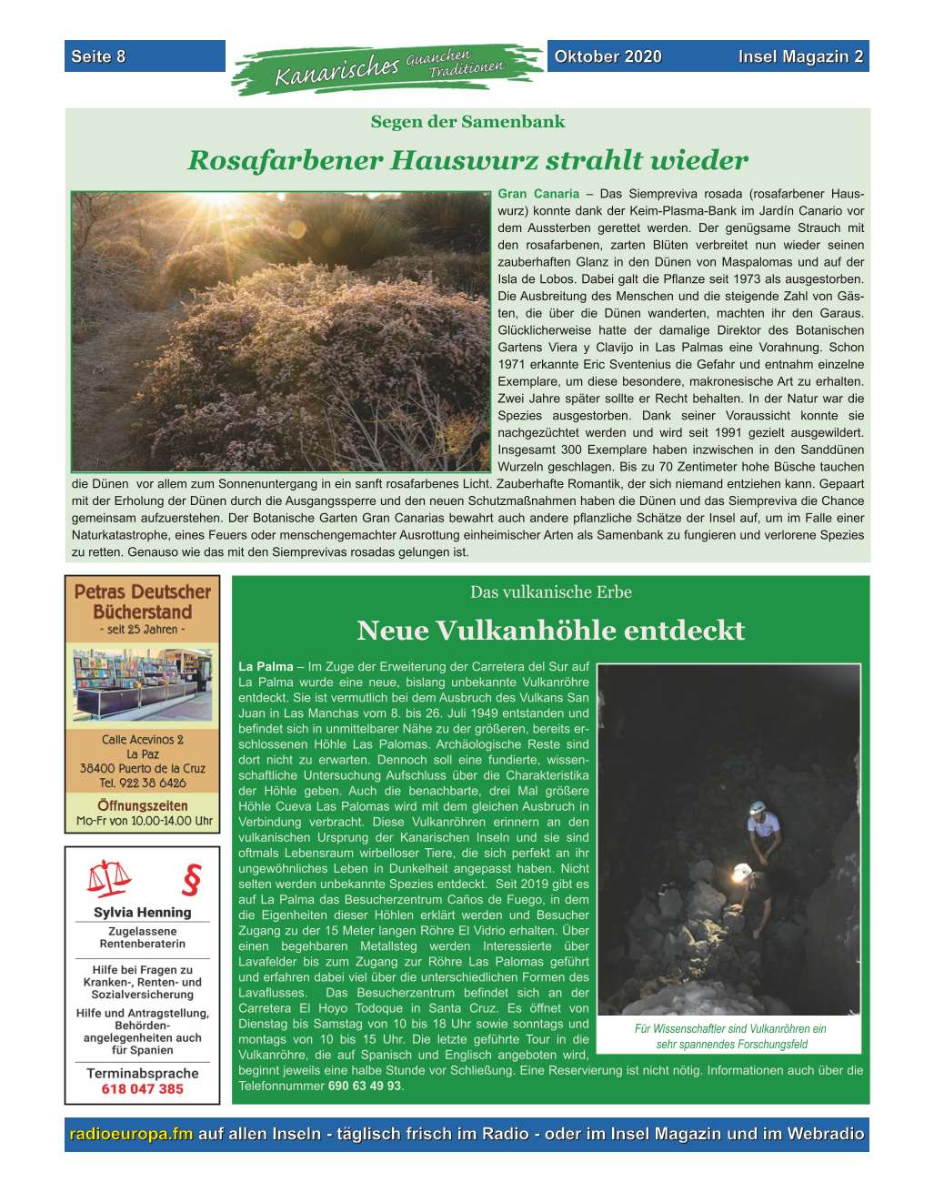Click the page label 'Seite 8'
point(98,56)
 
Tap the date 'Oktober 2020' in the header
point(608,56)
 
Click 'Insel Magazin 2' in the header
point(800,56)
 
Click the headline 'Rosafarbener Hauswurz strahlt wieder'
point(467,161)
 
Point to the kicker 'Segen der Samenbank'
point(467,122)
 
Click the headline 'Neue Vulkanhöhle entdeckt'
point(550,630)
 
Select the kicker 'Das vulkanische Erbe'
point(550,592)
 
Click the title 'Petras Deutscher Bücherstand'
point(142,602)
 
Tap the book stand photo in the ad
point(142,684)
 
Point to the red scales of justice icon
point(108,878)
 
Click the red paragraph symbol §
point(189,880)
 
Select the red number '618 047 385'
point(142,1089)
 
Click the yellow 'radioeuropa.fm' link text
point(131,1135)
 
